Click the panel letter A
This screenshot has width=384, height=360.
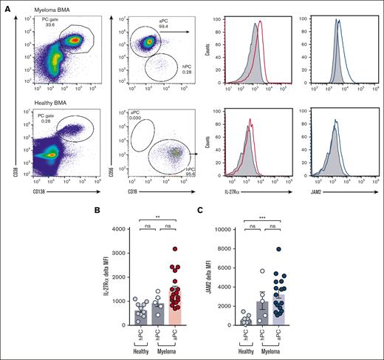pyautogui.click(x=8, y=6)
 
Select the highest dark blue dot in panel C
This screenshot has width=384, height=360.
pyautogui.click(x=298, y=249)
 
